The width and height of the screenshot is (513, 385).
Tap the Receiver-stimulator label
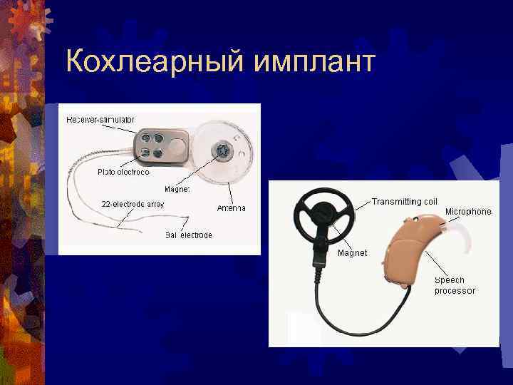100,119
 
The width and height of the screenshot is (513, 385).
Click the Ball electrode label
188,235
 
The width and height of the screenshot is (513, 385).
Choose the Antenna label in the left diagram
231,207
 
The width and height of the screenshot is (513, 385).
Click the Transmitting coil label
405,202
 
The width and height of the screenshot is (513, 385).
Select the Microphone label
468,212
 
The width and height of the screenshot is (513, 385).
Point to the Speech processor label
455,286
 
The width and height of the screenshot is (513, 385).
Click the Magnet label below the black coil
352,253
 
